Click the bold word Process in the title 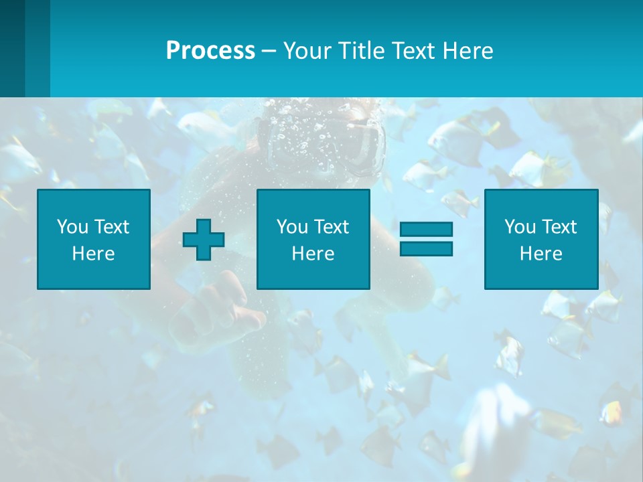(210, 51)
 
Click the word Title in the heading (359, 51)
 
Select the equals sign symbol (426, 239)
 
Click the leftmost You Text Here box (94, 239)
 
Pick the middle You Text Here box (313, 239)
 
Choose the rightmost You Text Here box (541, 239)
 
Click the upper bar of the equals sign (426, 230)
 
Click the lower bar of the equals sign (426, 249)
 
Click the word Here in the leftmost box (94, 253)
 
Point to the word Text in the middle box (332, 227)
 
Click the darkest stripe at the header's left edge (12, 48)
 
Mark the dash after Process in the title (269, 51)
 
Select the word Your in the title (305, 51)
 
